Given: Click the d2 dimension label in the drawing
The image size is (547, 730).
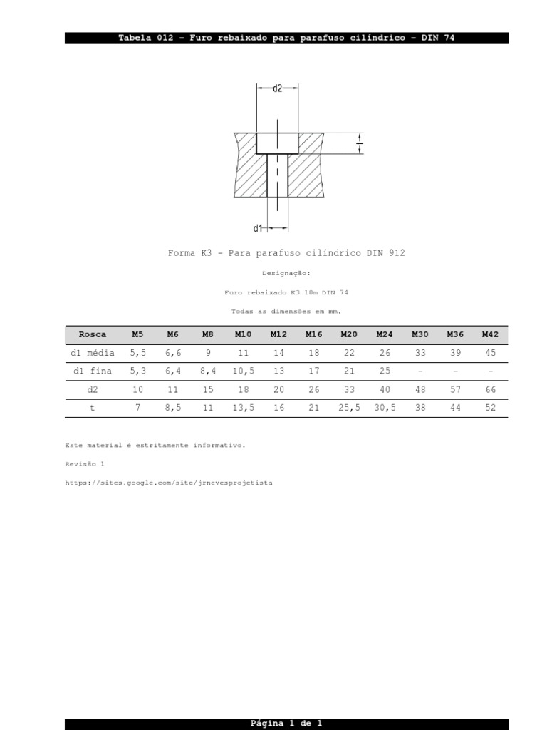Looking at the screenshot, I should (278, 88).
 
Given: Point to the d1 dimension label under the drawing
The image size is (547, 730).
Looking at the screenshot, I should (258, 228).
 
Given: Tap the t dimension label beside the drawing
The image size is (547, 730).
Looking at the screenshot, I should (360, 143).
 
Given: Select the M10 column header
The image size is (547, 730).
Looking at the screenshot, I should (244, 334).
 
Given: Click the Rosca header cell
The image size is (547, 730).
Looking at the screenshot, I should (93, 334).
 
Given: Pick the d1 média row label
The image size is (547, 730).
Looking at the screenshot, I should (93, 353).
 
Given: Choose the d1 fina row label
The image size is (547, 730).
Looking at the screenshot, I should (93, 371).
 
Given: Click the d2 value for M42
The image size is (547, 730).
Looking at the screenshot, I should (490, 390).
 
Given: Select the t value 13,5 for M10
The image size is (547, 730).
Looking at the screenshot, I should (244, 408).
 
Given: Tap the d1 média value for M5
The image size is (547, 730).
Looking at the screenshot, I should (137, 353).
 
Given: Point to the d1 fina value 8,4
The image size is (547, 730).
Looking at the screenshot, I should (208, 371).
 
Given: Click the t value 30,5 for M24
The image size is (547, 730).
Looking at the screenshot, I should (385, 408).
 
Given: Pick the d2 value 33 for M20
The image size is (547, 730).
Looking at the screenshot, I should (349, 390).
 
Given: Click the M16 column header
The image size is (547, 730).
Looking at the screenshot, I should (313, 334).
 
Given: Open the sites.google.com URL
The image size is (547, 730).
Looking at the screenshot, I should (168, 483).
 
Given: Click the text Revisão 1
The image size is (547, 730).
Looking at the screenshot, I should (85, 464).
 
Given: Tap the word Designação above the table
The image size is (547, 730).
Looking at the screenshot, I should (286, 273).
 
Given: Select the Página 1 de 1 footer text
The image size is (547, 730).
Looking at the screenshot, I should (286, 724).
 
